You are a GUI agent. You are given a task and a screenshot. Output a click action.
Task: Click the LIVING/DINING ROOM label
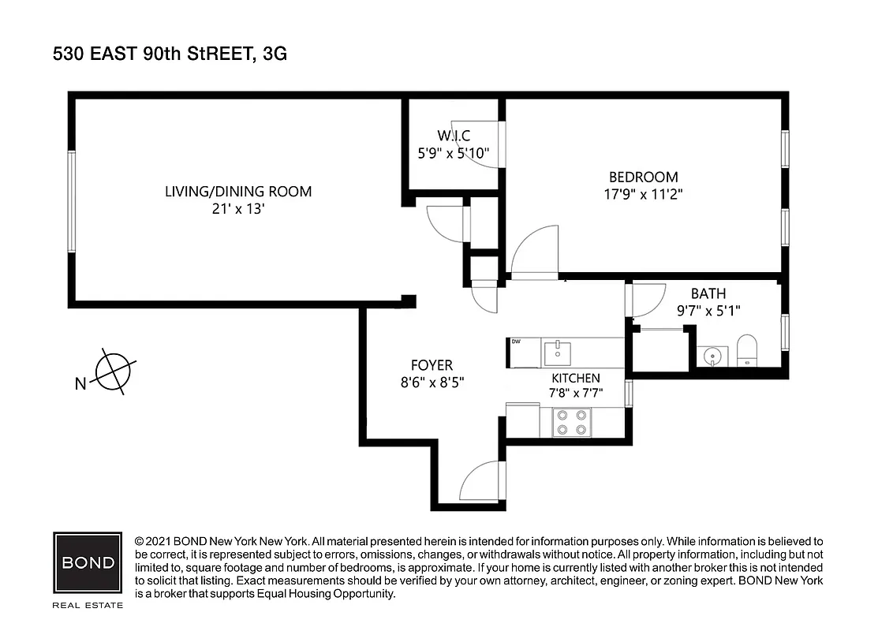237,191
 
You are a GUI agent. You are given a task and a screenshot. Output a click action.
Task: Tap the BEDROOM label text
643,177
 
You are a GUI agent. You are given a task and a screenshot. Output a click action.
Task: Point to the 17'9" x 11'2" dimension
643,194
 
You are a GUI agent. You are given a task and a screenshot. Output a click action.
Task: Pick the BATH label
708,293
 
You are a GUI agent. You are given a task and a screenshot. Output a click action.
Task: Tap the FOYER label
432,365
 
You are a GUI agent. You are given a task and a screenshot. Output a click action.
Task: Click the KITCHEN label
575,378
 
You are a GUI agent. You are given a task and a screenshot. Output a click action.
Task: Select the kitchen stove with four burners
571,422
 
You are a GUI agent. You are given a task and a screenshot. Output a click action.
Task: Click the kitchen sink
559,352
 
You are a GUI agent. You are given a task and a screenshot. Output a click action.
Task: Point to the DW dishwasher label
517,342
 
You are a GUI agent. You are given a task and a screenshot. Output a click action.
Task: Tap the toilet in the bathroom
746,351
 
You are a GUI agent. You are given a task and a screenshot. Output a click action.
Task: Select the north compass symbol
112,371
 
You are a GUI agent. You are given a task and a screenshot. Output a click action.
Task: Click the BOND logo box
88,564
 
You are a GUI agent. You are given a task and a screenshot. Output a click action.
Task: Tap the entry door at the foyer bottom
482,480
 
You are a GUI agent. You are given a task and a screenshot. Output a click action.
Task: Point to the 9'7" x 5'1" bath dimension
708,311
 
